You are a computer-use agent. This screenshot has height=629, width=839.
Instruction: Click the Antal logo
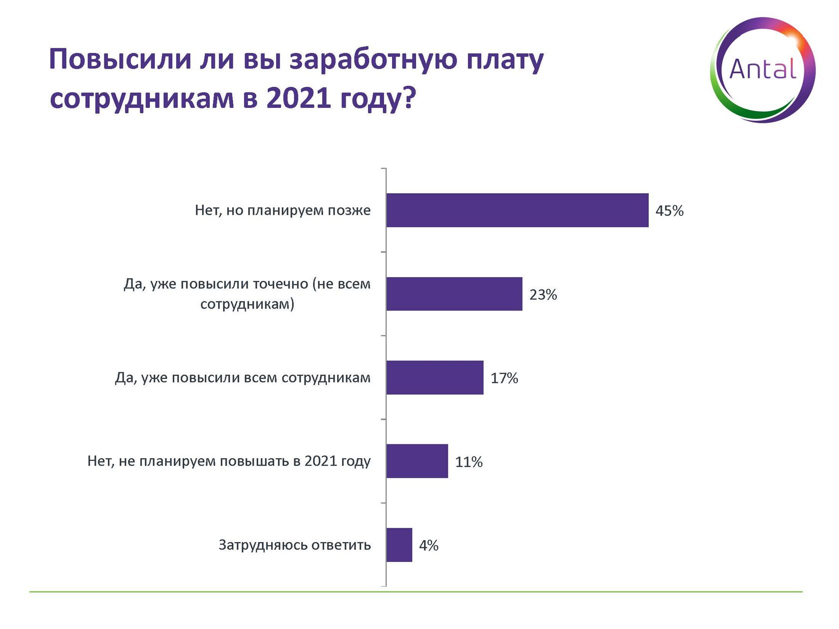coord(763,70)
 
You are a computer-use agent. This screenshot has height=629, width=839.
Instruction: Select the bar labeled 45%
coord(517,210)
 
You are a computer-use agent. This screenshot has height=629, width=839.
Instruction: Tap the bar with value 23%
coord(454,294)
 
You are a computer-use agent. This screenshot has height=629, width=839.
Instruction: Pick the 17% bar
coord(434,377)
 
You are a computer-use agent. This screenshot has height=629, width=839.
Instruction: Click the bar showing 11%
coord(417,461)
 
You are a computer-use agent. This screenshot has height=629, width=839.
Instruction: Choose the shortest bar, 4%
coord(399,545)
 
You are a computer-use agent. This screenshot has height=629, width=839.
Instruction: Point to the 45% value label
coord(669,211)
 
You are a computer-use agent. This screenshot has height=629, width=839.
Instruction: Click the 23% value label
coord(543,295)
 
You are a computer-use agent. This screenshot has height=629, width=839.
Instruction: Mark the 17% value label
coord(504,378)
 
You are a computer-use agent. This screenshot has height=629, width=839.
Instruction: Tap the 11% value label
coord(468,462)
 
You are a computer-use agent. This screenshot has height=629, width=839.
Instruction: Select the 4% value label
coord(428,545)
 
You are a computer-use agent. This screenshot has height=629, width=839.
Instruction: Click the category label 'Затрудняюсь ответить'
coord(295,545)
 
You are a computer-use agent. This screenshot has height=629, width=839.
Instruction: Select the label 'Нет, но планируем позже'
coord(283,210)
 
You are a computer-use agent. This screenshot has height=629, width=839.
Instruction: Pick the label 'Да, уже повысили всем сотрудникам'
coord(243,377)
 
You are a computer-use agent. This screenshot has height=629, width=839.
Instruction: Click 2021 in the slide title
coord(298,98)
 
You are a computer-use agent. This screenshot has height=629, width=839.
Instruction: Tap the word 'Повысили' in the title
coord(120,59)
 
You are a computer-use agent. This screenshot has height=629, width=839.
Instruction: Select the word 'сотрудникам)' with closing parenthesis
coord(247,304)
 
